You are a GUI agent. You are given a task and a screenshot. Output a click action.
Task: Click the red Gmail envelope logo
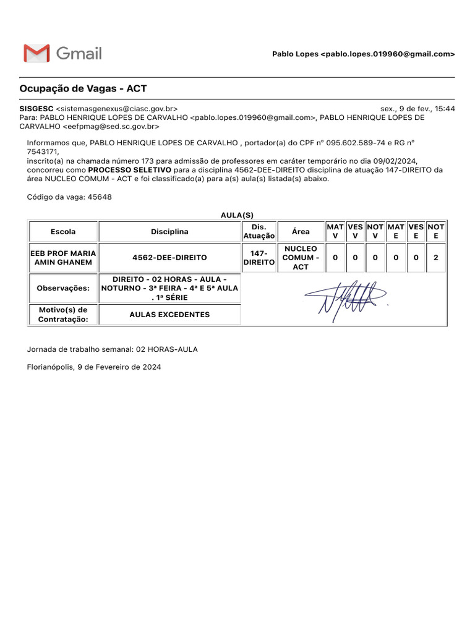click(36, 53)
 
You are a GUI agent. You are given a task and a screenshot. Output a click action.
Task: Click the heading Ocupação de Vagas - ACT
click(83, 88)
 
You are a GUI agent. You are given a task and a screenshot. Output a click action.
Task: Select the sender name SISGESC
click(36, 108)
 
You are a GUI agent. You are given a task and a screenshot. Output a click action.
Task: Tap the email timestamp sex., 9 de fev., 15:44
click(417, 108)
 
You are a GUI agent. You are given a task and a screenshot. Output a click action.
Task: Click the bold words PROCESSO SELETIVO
click(130, 169)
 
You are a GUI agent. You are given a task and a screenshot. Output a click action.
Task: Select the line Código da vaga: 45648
click(69, 197)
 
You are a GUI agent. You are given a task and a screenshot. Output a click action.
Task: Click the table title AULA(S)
click(237, 215)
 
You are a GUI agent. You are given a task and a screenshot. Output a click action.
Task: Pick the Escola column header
click(64, 232)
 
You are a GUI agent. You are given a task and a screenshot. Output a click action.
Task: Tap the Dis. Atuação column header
click(259, 232)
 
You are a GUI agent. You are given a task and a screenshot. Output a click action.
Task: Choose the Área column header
click(301, 232)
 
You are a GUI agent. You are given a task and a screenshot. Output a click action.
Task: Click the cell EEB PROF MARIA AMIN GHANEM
click(64, 258)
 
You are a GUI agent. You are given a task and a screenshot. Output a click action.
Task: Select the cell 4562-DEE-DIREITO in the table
click(169, 258)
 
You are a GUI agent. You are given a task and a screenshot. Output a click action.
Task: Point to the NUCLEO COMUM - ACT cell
click(301, 258)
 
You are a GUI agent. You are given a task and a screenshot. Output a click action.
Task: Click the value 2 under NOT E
click(436, 258)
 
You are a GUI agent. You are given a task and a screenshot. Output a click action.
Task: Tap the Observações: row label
click(64, 288)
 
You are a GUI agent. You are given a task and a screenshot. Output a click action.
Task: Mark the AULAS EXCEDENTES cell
click(169, 315)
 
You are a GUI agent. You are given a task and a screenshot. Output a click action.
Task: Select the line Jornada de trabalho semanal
click(113, 349)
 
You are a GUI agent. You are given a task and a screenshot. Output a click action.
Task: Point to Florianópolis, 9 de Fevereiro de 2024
click(94, 367)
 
